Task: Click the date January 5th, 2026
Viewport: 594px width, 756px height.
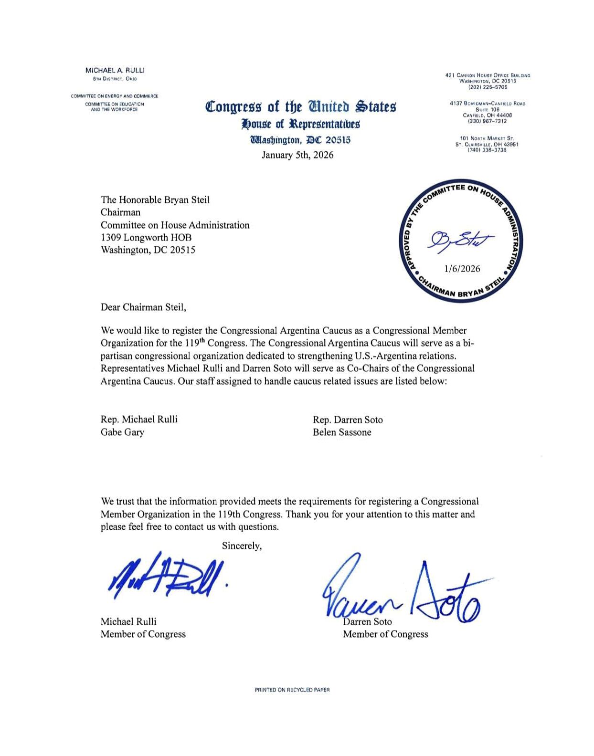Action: point(297,155)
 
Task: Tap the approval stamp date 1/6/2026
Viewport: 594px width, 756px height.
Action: point(462,269)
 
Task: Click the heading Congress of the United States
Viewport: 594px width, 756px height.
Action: point(300,106)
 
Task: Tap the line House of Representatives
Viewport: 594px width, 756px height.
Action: point(300,124)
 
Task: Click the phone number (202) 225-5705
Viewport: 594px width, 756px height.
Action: point(488,87)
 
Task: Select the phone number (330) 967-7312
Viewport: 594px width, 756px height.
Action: point(487,121)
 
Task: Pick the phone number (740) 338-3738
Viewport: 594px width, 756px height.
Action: point(487,150)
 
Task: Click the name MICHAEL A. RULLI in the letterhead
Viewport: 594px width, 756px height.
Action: point(115,70)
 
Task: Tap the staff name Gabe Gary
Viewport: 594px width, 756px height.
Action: point(122,432)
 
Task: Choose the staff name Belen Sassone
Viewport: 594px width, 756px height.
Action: point(342,432)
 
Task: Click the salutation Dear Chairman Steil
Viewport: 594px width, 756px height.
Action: point(143,307)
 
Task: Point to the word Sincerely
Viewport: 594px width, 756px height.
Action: point(242,546)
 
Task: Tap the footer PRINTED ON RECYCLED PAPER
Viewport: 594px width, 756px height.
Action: point(292,690)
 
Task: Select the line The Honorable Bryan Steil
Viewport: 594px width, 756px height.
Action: point(155,200)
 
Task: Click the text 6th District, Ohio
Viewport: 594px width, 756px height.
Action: point(115,79)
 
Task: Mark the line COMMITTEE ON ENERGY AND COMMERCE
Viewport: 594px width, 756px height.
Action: point(115,96)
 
